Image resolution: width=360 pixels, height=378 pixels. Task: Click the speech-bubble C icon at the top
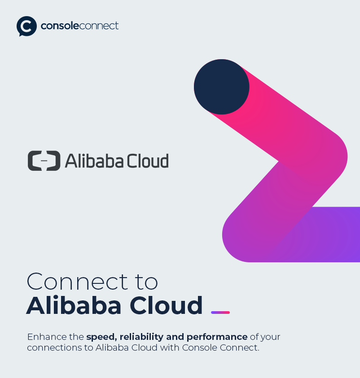coord(26,26)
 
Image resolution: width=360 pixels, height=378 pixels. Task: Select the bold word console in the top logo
coord(60,26)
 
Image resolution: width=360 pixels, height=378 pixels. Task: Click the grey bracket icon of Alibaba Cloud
coord(44,161)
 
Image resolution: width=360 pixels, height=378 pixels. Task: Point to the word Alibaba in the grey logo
coord(94,161)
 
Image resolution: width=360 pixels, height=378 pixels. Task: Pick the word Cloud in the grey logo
coord(148,161)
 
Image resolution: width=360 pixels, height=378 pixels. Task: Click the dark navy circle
coord(221,87)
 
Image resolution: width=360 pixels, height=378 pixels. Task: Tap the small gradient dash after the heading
coord(220,313)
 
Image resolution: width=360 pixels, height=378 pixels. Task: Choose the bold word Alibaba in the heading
coord(74,305)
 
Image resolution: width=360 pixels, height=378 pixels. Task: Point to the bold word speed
coord(101,337)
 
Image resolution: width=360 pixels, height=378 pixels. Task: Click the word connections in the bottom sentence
coord(54,348)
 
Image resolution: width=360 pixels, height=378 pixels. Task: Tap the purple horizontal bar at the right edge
coord(328,233)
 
